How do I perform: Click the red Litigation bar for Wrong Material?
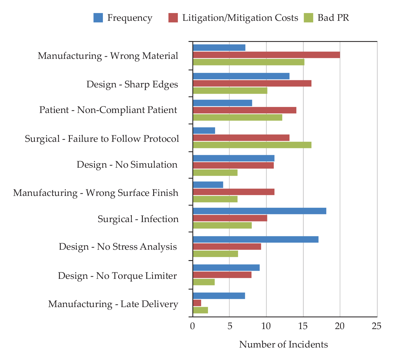266,55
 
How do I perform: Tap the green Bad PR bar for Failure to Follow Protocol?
252,145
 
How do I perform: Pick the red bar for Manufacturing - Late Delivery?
197,303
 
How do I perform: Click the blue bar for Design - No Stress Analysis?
256,239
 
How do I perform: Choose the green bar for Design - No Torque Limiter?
204,282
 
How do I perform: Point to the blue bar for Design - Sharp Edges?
241,76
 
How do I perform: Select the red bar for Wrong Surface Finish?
234,192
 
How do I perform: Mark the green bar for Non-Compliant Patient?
237,117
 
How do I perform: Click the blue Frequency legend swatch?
98,18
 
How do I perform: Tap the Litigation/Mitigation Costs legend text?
240,18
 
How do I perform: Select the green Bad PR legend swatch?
308,18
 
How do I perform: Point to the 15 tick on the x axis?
303,326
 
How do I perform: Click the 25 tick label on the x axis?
376,326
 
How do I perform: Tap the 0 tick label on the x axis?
192,326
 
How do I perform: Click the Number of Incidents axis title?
283,345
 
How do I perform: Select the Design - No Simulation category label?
127,165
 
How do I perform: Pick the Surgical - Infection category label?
138,219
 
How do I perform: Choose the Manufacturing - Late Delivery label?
113,304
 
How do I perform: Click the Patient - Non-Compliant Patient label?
108,110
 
